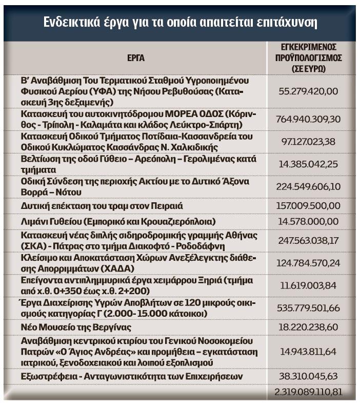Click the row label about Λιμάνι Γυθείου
click(118, 222)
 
